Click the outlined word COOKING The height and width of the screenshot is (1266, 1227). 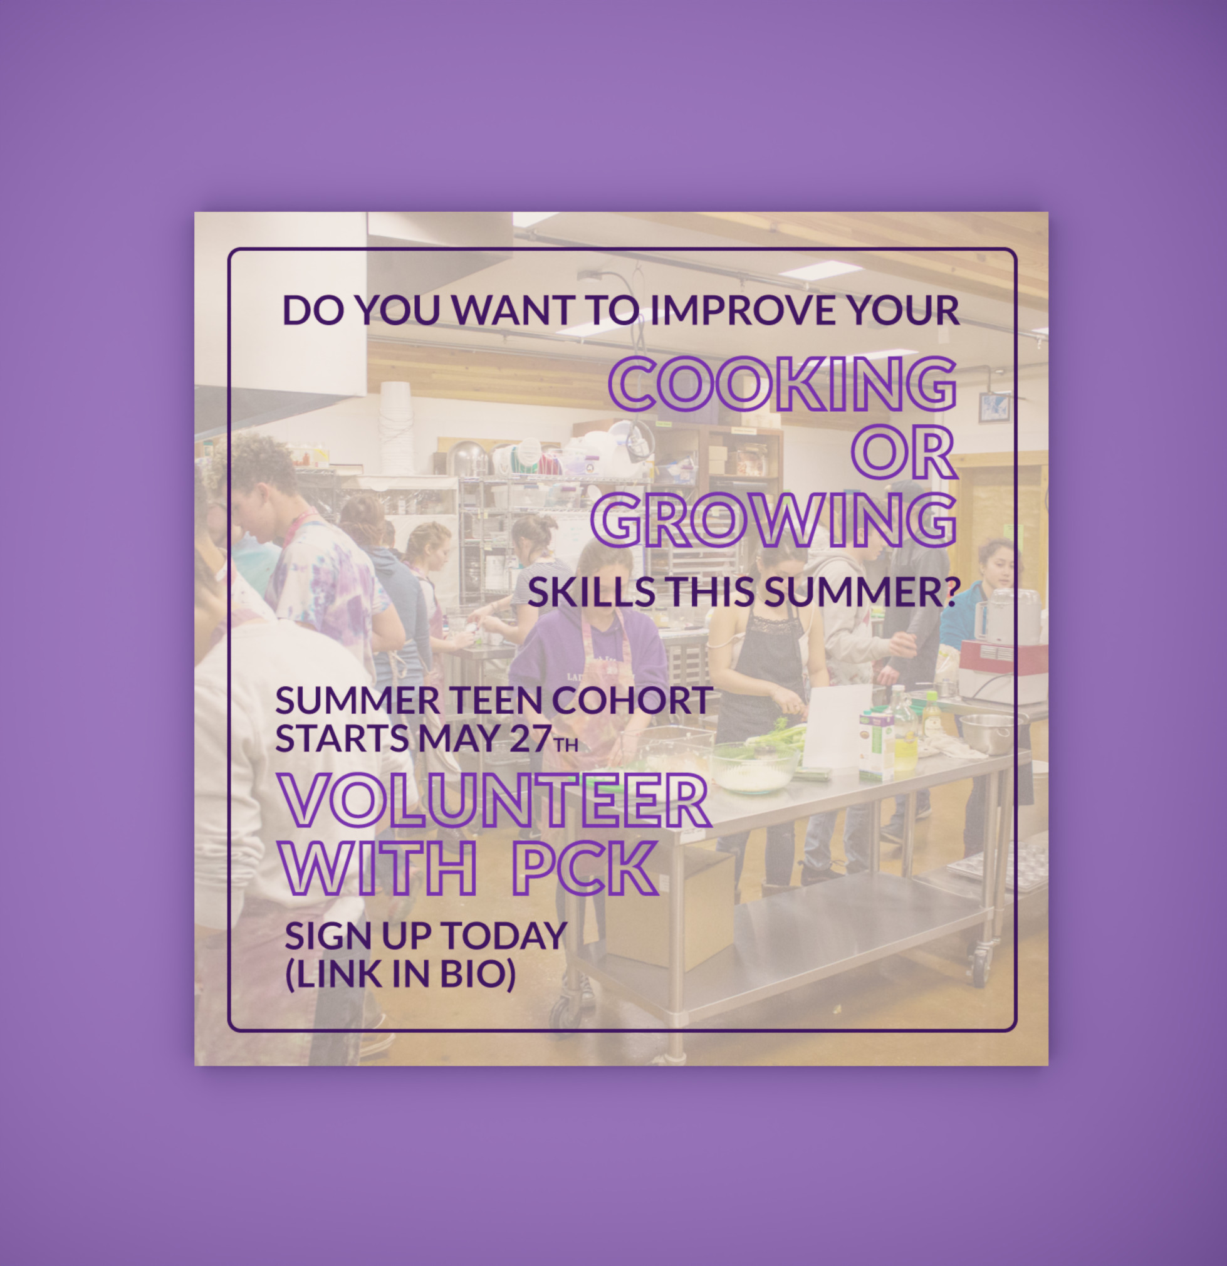[783, 384]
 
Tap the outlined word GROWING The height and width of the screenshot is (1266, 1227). [775, 520]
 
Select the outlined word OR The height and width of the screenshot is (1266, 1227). [904, 452]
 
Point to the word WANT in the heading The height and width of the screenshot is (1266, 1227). [512, 310]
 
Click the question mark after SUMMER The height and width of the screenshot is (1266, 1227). [951, 592]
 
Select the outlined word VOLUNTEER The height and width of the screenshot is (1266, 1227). [495, 800]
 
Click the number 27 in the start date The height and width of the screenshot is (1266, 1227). [530, 738]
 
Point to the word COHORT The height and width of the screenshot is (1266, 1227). [632, 700]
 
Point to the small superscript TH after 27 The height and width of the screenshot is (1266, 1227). [566, 745]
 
